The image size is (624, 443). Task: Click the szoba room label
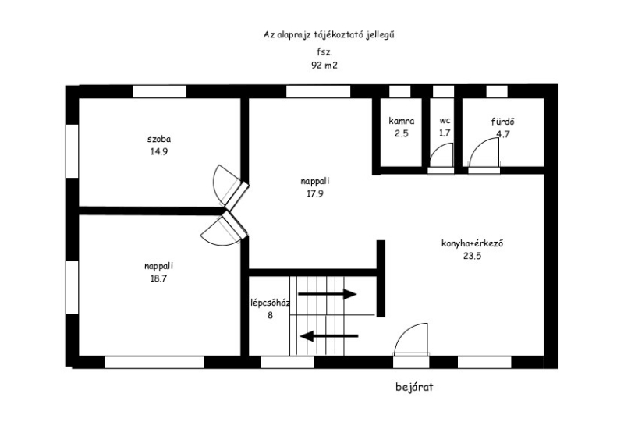pos(159,140)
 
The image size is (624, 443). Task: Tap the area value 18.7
pos(158,278)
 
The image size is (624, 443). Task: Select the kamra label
pos(402,121)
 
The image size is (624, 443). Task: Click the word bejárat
pos(414,387)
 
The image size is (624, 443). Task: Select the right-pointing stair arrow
pos(327,294)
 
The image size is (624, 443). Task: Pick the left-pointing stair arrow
pos(329,336)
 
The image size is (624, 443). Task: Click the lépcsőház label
pos(270,303)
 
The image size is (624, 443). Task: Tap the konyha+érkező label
pos(473,243)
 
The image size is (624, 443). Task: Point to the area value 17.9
pos(315,194)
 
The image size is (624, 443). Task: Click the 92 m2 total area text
pos(324,66)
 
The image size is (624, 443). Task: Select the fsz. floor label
pos(324,51)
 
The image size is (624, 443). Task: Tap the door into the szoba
pos(229,186)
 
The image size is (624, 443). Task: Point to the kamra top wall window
pos(400,91)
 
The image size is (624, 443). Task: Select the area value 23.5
pos(473,256)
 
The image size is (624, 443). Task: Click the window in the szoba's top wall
pos(160,91)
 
